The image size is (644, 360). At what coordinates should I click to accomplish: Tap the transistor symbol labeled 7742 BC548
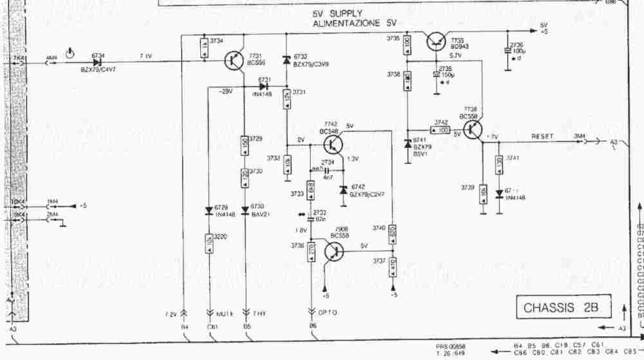point(334,140)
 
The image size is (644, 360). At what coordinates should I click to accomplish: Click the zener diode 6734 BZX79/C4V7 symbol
point(98,62)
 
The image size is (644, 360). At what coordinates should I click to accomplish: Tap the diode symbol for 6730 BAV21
point(245,210)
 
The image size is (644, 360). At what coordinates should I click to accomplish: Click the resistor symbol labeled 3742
point(441,130)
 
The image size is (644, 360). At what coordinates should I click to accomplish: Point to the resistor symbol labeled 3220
point(209,243)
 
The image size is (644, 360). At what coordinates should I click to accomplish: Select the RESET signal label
point(543,136)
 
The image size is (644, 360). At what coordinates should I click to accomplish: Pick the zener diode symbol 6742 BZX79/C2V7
point(343,189)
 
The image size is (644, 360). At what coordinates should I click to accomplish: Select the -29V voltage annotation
point(225,91)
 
